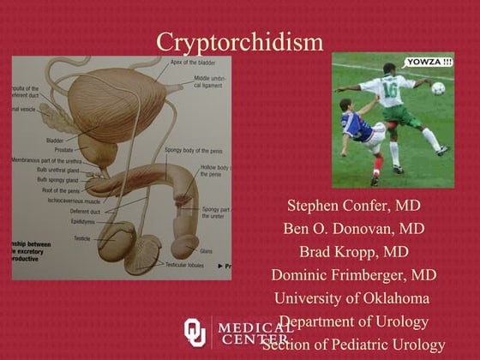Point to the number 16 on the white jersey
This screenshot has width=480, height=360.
click(389, 88)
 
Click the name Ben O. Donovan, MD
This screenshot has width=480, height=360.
click(353, 229)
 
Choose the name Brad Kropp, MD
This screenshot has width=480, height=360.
click(353, 252)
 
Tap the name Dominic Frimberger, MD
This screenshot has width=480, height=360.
click(353, 275)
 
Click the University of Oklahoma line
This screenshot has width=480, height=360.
click(351, 298)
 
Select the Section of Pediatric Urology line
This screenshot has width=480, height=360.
click(353, 345)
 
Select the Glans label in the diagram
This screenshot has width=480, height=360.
click(206, 251)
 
